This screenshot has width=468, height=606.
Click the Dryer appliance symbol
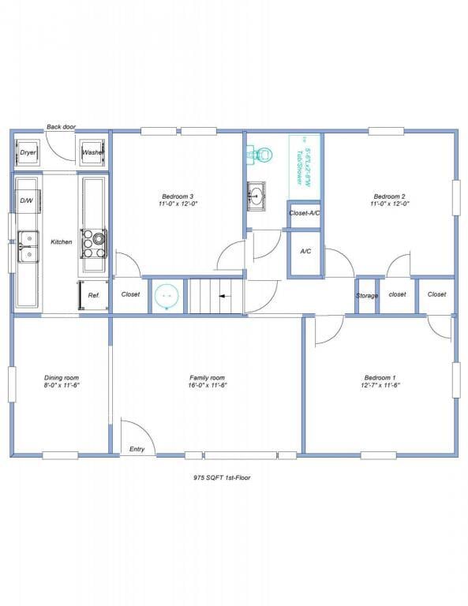[x=28, y=152]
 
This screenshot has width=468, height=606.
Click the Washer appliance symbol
[x=92, y=152]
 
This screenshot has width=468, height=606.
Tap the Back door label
[x=60, y=126]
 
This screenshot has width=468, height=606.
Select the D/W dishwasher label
[x=26, y=200]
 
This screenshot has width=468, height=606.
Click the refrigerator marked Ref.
[x=93, y=294]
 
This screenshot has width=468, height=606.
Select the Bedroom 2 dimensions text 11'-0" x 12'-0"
[x=389, y=204]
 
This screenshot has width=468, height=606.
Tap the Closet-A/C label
[x=304, y=213]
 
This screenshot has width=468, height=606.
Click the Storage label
[x=367, y=295]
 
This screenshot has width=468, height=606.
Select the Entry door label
[x=137, y=449]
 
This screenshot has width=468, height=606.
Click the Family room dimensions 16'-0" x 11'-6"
[x=207, y=386]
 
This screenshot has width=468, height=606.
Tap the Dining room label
[x=61, y=378]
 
